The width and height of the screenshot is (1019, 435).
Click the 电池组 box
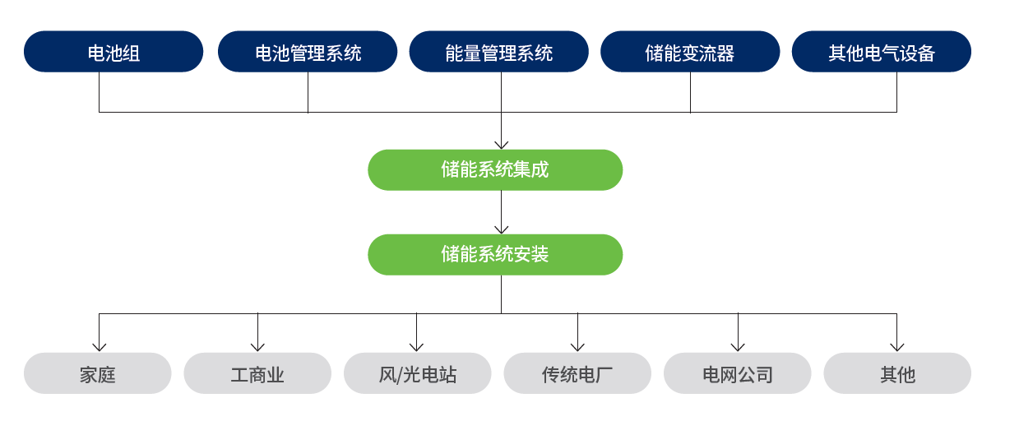coord(113,52)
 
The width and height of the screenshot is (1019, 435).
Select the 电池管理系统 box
coord(308,52)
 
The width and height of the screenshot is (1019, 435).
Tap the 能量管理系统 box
coord(499,52)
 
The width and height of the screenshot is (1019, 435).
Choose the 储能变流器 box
coord(690,52)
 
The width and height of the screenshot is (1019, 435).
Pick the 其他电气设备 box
coord(882,52)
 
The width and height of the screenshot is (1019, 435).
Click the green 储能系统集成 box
coord(495,169)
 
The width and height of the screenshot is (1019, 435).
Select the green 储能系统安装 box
coord(495,254)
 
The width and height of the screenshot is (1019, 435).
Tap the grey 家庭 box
coord(97,373)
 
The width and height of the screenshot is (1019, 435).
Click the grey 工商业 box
coord(257,373)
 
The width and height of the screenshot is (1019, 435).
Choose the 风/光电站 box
coord(418,373)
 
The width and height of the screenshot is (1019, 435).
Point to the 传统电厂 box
coord(577,373)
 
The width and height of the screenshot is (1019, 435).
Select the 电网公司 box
coord(738,373)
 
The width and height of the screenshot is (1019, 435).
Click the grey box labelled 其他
coord(897,373)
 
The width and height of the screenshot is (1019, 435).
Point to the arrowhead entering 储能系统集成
coord(502,146)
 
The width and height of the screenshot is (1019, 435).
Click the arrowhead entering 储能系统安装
coord(502,230)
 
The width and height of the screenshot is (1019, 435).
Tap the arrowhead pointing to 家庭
coord(100,348)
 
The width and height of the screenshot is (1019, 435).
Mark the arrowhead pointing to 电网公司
coord(738,348)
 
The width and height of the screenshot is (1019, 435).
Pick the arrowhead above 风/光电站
coord(416,348)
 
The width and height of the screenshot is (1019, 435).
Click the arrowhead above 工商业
coord(257,348)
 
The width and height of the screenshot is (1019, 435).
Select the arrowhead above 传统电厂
coord(577,348)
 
